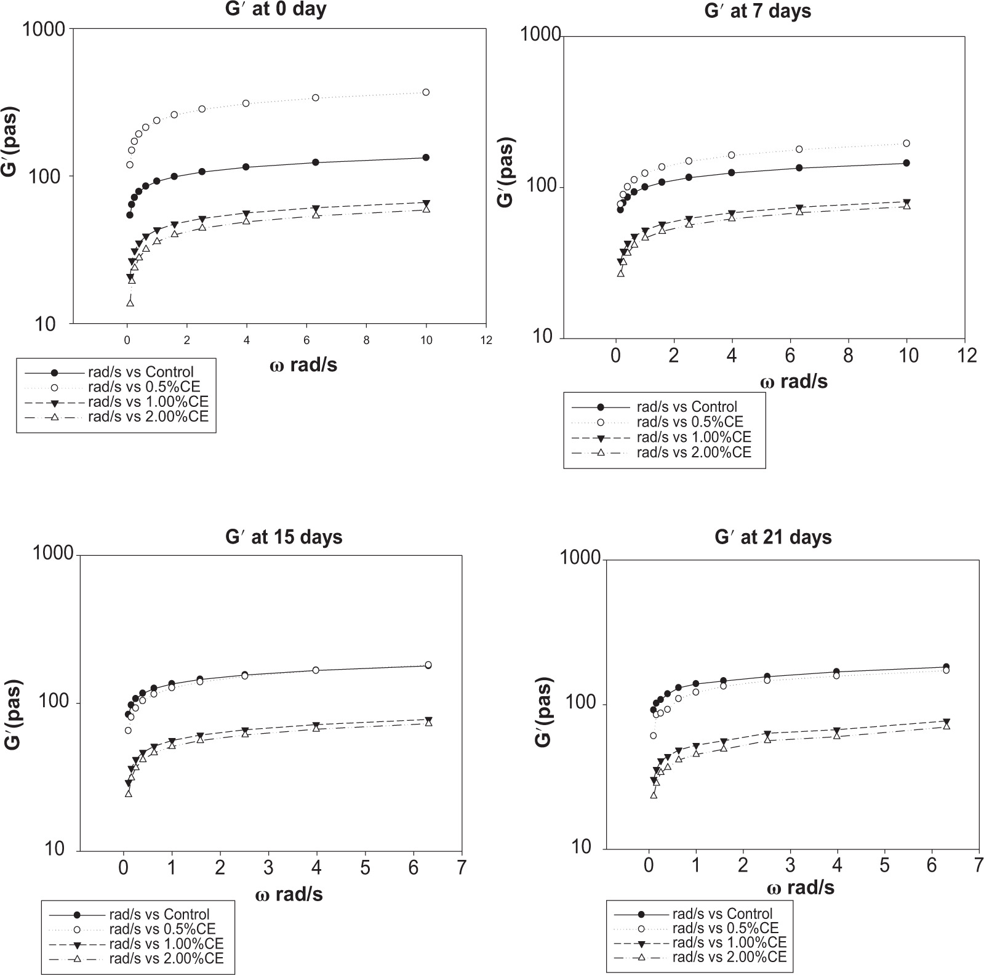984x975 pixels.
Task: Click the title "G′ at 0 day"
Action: coord(275,9)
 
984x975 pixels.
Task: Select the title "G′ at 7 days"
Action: coord(758,12)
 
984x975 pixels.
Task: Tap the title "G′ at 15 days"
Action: coord(284,537)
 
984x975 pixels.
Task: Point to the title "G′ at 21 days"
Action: coord(773,537)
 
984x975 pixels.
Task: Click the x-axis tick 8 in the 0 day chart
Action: coord(366,340)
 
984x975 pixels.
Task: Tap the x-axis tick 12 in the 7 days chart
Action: coord(967,356)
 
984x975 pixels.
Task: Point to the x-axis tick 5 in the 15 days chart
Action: coord(365,868)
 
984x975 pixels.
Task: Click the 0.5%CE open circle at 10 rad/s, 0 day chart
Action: coord(426,92)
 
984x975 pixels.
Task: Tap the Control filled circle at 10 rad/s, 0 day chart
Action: coord(426,158)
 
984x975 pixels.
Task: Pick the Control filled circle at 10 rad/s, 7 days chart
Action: coord(906,163)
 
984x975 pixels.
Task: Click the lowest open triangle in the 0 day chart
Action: coord(130,302)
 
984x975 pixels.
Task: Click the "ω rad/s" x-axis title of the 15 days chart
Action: coord(289,894)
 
